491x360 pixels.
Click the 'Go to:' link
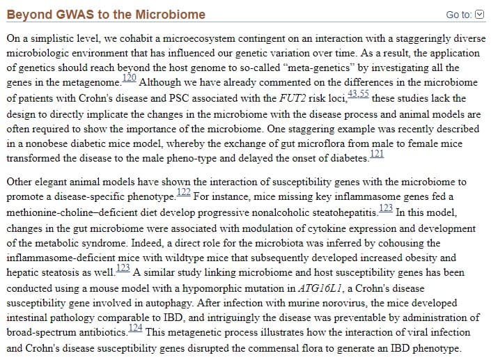pos(458,15)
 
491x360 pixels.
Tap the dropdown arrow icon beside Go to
pos(479,15)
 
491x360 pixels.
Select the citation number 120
pos(129,77)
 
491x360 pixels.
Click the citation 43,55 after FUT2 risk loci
pos(358,93)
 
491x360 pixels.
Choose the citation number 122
pos(183,191)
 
